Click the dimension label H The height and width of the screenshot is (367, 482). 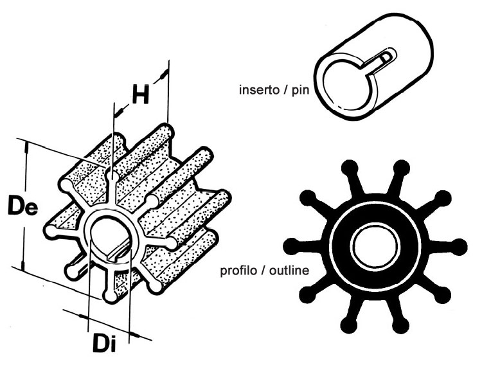coord(141,94)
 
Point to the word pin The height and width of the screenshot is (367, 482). coord(300,91)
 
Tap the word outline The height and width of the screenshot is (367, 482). coord(289,271)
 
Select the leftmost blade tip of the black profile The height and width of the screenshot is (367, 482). coord(291,247)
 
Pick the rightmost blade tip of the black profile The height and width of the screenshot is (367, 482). coord(460,247)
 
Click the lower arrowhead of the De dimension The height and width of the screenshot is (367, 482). coord(22,265)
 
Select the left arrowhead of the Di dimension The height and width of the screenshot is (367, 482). coord(82,317)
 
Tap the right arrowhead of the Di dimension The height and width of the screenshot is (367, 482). coord(135,334)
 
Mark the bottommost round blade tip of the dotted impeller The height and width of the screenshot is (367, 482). coord(111,296)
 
